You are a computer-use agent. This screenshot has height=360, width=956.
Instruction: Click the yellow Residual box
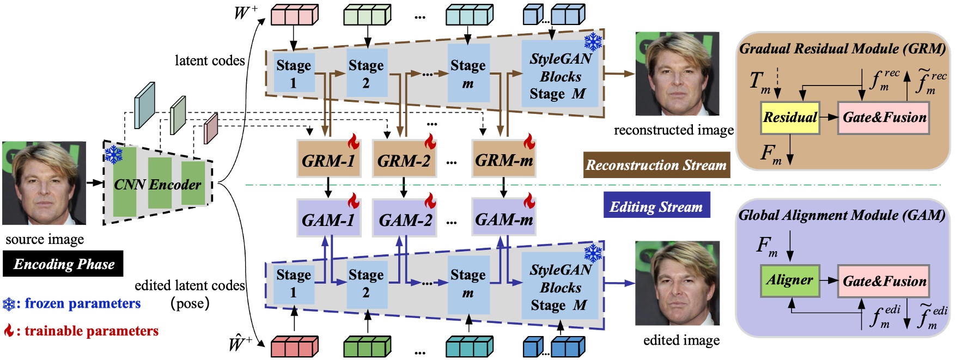click(790, 118)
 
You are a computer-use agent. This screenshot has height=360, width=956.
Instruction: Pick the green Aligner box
click(790, 281)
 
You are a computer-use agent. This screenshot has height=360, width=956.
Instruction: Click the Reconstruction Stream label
click(656, 165)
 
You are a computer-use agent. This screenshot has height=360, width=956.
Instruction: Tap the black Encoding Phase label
click(63, 264)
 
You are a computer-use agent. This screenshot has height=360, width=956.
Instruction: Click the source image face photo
click(44, 183)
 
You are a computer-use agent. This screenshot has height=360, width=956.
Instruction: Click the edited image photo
click(677, 283)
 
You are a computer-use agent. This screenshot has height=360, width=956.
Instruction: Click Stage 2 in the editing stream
click(366, 283)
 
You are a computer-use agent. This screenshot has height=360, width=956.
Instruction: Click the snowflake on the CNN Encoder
click(113, 155)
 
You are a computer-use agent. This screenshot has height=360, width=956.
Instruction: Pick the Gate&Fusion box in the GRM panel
click(884, 118)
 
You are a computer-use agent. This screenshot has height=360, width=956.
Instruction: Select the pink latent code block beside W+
click(294, 15)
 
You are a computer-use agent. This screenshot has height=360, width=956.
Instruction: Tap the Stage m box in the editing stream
click(468, 283)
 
